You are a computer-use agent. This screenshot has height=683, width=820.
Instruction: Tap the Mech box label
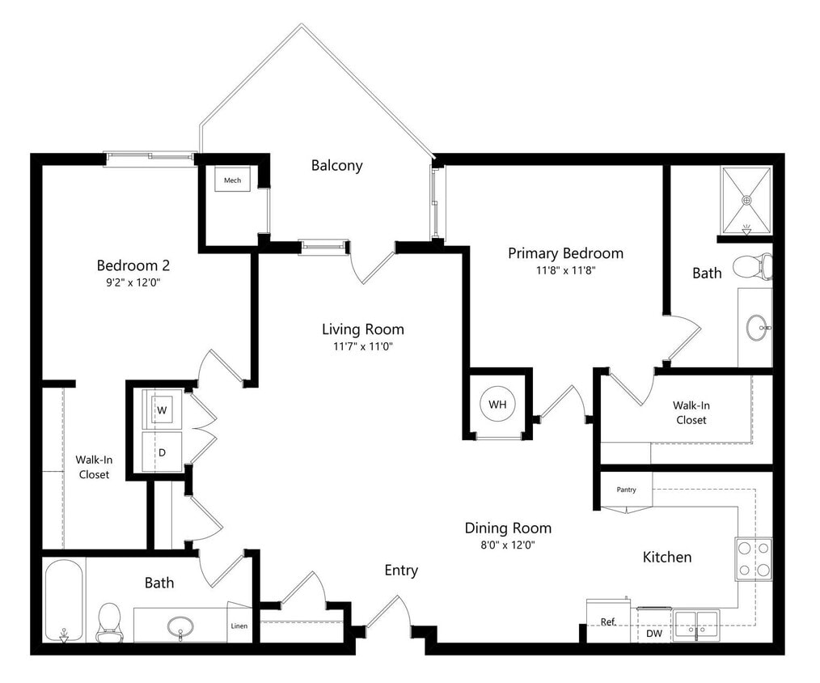(232, 180)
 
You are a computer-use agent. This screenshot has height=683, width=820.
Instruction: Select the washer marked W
(162, 410)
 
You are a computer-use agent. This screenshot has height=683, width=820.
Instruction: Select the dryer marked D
(162, 452)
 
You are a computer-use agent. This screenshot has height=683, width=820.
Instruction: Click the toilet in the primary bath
(753, 265)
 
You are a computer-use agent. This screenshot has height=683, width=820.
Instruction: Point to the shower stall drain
(746, 198)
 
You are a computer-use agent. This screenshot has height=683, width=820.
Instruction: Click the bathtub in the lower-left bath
(63, 600)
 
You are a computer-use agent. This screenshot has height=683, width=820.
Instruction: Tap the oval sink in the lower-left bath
(180, 626)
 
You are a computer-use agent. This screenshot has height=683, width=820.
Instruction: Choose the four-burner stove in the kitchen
(753, 559)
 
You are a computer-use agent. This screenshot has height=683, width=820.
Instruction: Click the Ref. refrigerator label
(608, 621)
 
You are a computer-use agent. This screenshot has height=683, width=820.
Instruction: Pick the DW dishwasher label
(653, 634)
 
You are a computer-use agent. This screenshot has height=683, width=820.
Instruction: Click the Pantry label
(626, 490)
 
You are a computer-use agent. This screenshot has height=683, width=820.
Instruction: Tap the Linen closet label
(239, 626)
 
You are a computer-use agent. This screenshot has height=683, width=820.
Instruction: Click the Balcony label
(336, 166)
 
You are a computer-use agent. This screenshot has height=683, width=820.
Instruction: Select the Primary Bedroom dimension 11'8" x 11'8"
(565, 271)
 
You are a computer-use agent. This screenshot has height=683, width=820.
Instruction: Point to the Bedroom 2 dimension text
(133, 282)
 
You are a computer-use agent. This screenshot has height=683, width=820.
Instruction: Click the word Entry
(401, 571)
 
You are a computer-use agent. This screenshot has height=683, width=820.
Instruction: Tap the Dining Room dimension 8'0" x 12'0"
(507, 545)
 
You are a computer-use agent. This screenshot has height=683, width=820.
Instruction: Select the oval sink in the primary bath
(758, 328)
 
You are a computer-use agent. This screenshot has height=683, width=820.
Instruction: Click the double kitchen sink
(695, 625)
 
